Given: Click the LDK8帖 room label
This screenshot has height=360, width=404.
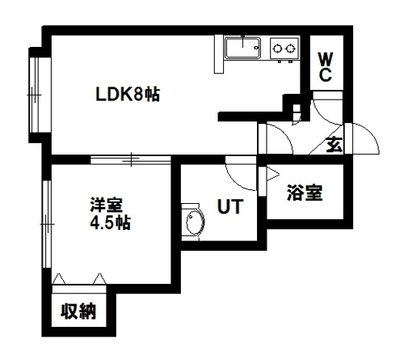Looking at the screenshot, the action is coord(128,95).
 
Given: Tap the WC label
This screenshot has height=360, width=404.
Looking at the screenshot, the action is coord(326,67).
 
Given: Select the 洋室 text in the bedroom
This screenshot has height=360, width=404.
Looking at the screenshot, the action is coord(107,205).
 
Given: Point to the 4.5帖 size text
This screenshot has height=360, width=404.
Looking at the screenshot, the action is coord(110,223).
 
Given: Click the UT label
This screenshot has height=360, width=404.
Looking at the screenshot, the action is coord(230,206).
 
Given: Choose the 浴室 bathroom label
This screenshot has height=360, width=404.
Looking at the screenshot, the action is coord(305,193).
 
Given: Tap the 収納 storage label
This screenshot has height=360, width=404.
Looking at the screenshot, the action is coord(78,311).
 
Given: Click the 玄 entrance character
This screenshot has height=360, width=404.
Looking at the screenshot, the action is coord(335,145).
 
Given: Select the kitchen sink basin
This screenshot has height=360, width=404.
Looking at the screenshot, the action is coord(243,48).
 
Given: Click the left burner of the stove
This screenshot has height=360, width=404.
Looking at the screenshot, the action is coord(277,49).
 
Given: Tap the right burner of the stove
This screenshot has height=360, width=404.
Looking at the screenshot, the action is coord(290,49).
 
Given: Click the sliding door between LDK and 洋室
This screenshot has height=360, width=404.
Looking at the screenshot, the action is coord(131,159).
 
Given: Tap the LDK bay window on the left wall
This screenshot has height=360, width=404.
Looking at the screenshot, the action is coord(35,95).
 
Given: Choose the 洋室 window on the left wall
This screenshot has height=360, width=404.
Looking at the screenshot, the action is coord(47,224).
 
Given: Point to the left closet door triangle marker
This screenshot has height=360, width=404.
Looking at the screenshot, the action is coord(59,278).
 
